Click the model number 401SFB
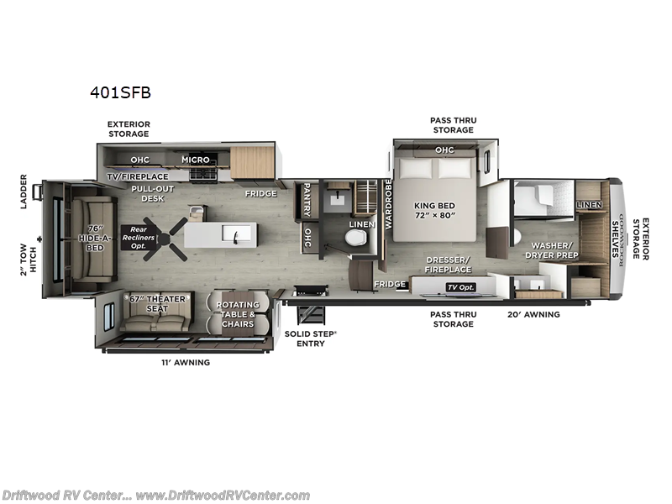click(120, 93)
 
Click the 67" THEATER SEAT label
click(156, 304)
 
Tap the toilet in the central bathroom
click(356, 240)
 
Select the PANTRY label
click(307, 199)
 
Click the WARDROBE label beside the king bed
click(388, 204)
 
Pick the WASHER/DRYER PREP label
click(551, 249)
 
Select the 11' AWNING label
click(185, 362)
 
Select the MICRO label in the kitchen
click(196, 160)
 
